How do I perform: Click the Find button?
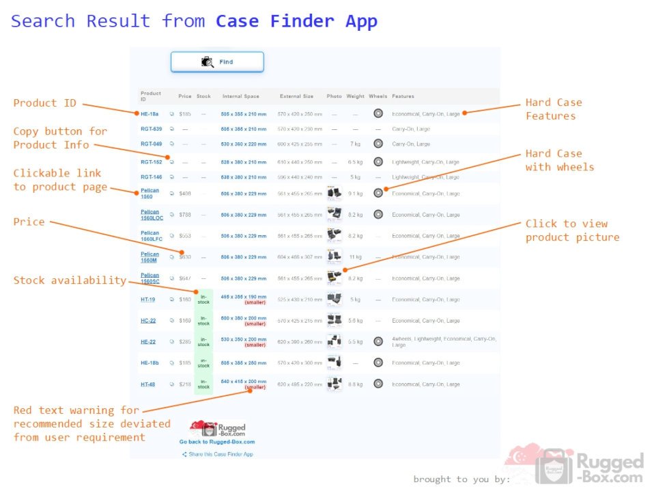point(217,62)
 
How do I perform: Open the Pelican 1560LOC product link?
point(152,215)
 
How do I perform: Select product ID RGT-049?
point(151,144)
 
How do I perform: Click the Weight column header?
point(355,96)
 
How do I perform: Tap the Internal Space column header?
point(241,96)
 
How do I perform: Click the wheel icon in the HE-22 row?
point(378,341)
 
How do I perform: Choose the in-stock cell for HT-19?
point(203,300)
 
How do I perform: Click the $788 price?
point(185,215)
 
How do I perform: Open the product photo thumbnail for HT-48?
point(335,384)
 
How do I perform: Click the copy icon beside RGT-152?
point(172,162)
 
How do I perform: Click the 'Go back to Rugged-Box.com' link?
point(217,442)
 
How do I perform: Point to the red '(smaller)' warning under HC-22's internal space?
point(255,324)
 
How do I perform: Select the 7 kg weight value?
point(355,144)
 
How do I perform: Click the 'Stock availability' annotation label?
point(70,280)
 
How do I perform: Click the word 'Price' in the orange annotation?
point(29,222)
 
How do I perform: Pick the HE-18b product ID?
point(150,363)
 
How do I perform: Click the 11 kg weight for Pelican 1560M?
point(355,257)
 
